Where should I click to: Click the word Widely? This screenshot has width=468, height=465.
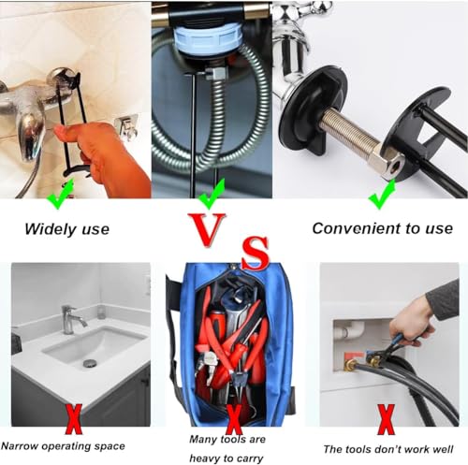51,229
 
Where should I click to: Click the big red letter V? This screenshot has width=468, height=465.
207,229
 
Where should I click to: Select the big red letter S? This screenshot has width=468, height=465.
256,253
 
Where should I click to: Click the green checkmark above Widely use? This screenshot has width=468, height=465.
60,194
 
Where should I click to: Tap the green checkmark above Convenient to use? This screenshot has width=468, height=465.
382,194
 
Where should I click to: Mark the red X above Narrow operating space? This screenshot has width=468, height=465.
74,419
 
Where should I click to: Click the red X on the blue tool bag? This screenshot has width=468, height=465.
234,419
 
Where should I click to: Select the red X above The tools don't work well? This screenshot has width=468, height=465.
387,419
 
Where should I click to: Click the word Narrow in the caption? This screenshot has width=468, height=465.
20,446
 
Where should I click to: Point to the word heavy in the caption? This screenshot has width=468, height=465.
207,458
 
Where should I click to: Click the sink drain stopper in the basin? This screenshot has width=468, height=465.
90,363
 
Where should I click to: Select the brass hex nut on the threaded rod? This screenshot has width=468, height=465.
387,161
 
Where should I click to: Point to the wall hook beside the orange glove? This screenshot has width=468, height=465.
126,126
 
